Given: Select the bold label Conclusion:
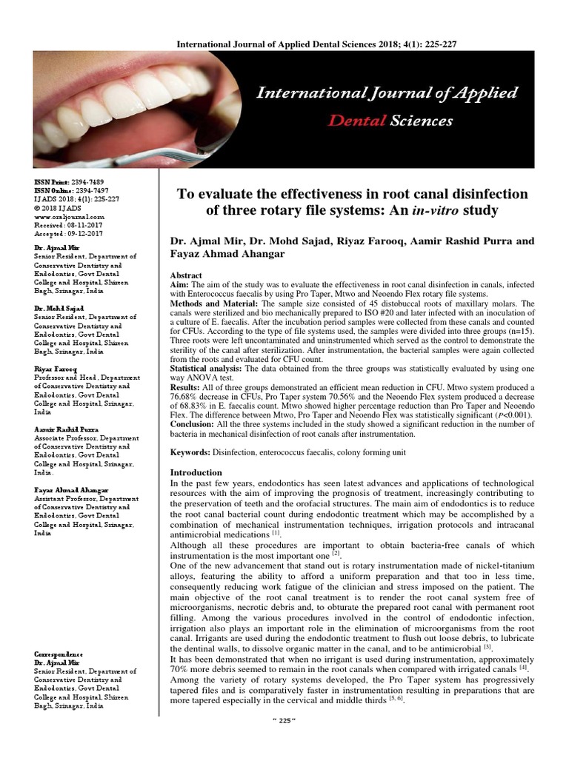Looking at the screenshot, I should (196, 425).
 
